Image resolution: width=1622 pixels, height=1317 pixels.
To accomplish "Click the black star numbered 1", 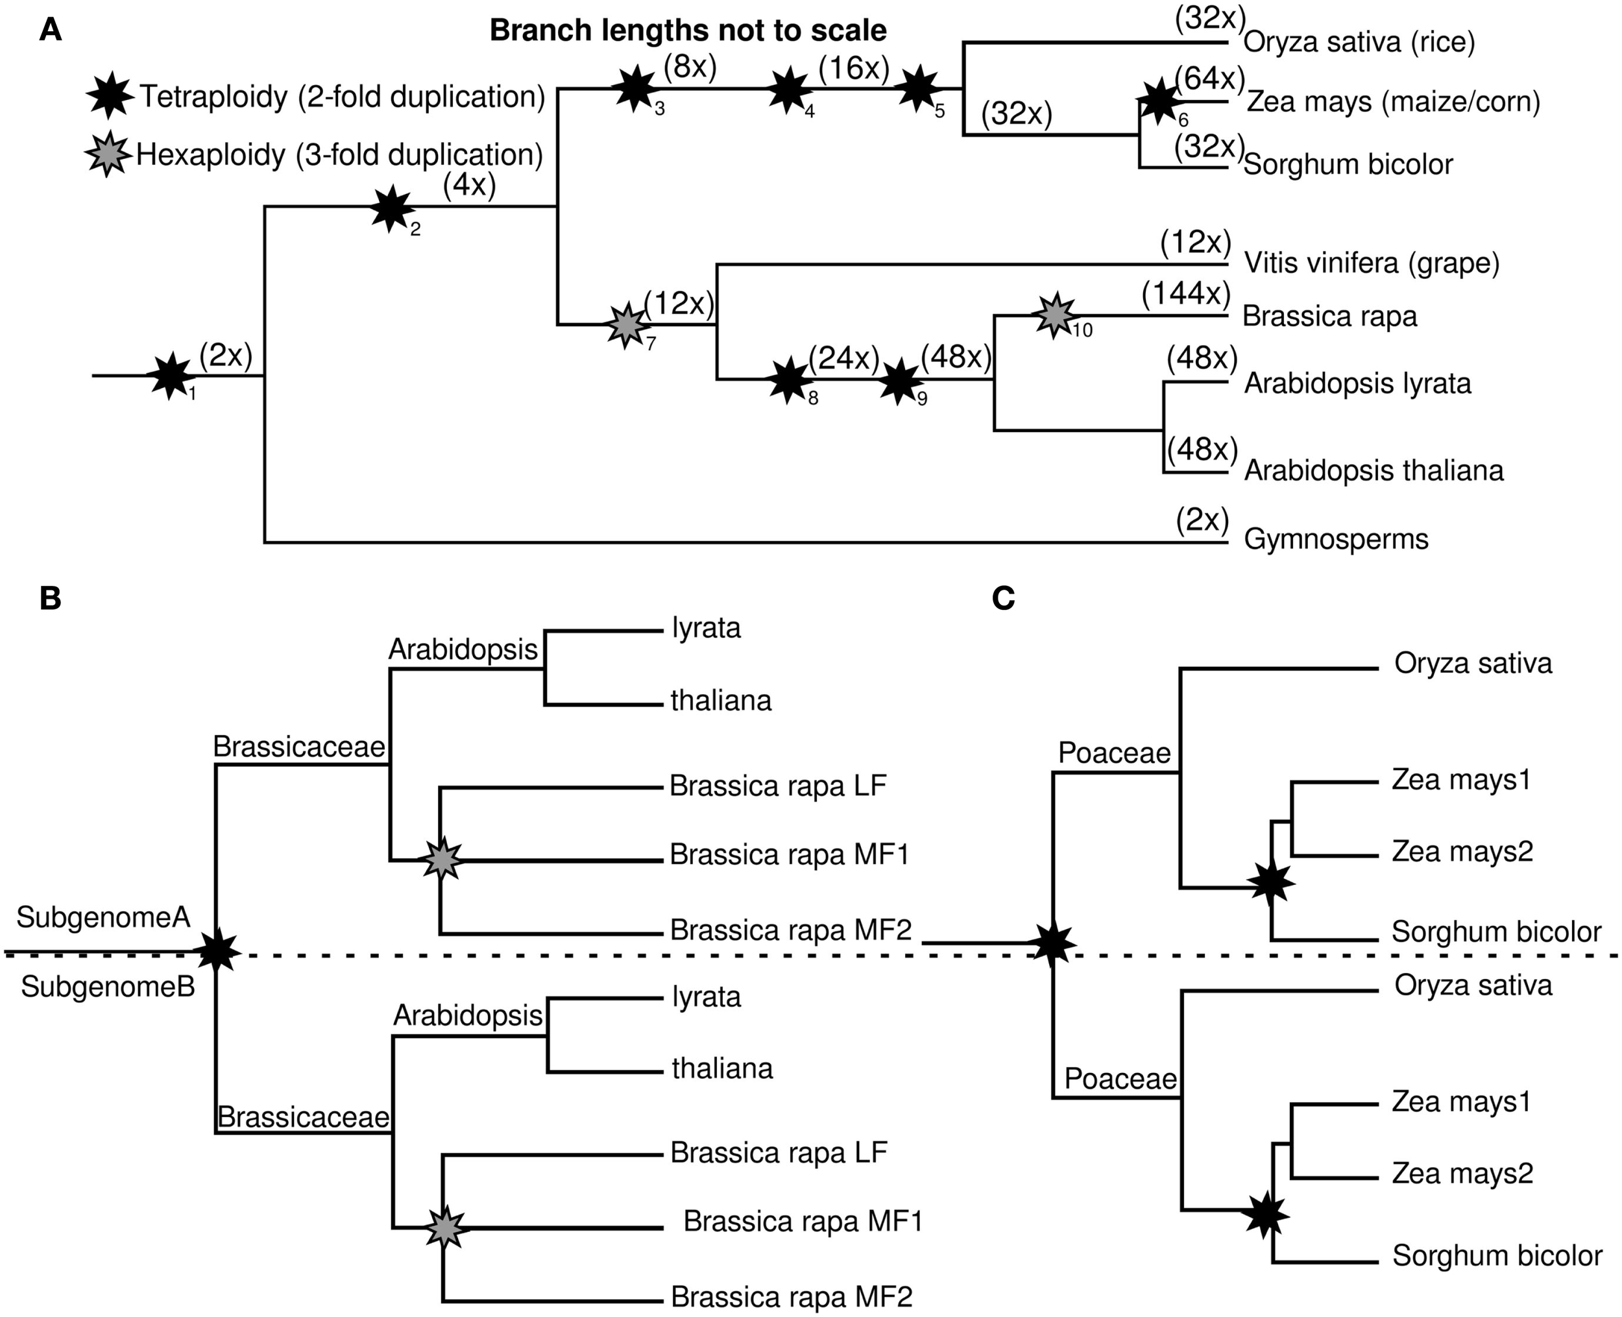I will coord(171,376).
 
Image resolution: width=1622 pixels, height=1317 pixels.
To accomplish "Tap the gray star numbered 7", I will coord(627,324).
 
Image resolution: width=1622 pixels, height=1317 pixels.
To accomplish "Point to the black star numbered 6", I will coord(1159,102).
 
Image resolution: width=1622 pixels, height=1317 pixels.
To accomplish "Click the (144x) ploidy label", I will coord(1186,294).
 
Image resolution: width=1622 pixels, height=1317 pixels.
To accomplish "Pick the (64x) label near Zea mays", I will coord(1210,78).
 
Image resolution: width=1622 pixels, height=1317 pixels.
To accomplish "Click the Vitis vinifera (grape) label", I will coord(1372,263).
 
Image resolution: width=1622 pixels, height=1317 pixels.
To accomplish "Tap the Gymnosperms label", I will coord(1336,539).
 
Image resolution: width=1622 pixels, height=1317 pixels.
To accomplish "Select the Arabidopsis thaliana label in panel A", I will coord(1373,470).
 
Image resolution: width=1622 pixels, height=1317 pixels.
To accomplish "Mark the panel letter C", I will coord(1003,599).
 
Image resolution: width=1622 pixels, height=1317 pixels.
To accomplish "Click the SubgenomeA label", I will coord(103,918).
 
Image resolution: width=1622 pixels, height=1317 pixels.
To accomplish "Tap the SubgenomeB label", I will coord(108,987).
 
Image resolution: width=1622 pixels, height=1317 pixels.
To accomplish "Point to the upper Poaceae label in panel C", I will coord(1114,753).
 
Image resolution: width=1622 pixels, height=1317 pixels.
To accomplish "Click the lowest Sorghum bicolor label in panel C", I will coord(1496,1255).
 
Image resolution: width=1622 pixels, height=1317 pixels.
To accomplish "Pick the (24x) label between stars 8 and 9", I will coord(843,357).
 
